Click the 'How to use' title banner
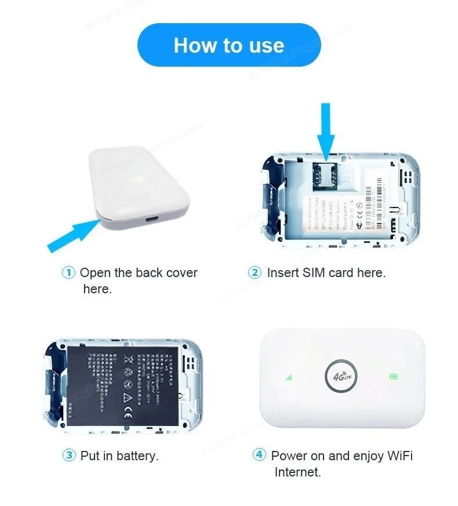[228, 45]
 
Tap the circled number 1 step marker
[68, 272]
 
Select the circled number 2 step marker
[255, 272]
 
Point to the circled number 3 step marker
[69, 456]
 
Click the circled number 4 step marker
[259, 455]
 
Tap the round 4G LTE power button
[341, 377]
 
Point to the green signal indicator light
[288, 377]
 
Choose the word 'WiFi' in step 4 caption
[397, 456]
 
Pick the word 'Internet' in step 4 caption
[297, 472]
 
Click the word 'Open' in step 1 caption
[94, 272]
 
